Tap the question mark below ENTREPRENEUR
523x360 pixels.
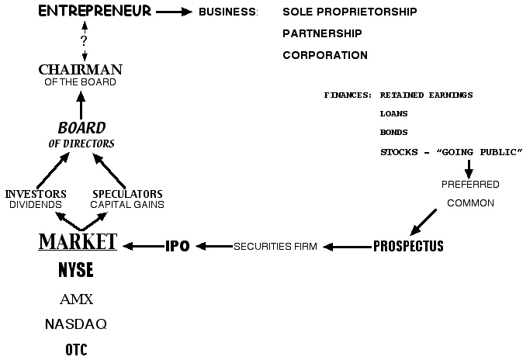(84, 40)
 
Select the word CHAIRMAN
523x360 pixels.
(80, 70)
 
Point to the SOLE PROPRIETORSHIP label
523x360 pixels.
(349, 12)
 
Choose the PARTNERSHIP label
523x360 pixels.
(322, 33)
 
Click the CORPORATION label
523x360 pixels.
(325, 55)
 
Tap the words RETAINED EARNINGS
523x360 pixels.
(426, 95)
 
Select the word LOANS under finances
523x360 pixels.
(394, 113)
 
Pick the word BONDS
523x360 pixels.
(394, 133)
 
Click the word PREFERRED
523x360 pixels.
(470, 185)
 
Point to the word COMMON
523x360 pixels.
(470, 203)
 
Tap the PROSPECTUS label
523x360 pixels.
(408, 247)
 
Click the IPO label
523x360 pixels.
(178, 247)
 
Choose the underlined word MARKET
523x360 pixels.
(78, 242)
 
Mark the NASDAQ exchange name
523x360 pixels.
(76, 324)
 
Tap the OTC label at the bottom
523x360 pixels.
(76, 349)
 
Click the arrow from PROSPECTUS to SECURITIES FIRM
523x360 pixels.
(348, 247)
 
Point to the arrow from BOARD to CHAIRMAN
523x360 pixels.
(80, 104)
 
